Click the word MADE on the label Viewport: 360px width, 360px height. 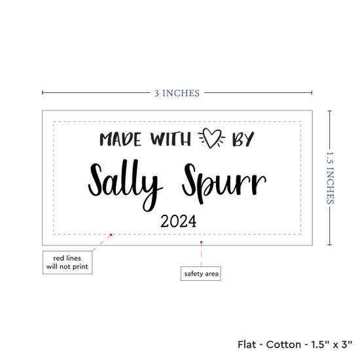tap(120, 139)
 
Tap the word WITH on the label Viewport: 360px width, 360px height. tap(171, 139)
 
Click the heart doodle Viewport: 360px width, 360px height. tap(211, 137)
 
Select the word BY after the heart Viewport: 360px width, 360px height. tap(243, 139)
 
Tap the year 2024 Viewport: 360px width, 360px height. tap(179, 221)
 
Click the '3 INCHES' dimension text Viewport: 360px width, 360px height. tap(177, 93)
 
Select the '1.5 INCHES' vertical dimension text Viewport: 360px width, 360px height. tap(330, 178)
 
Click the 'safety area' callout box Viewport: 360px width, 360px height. tap(201, 274)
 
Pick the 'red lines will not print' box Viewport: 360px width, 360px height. tap(67, 262)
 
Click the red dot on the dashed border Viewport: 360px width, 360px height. tap(111, 234)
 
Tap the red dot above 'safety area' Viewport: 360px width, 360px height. tap(201, 242)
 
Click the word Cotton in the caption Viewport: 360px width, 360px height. tap(283, 344)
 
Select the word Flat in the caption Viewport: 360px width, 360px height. tap(247, 344)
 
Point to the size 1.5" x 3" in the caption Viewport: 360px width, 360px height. tap(332, 344)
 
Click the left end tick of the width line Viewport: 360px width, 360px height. tap(43, 93)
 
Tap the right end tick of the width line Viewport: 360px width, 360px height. tap(312, 93)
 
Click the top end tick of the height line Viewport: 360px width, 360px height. tap(330, 111)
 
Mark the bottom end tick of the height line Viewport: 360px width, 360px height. tap(330, 245)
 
